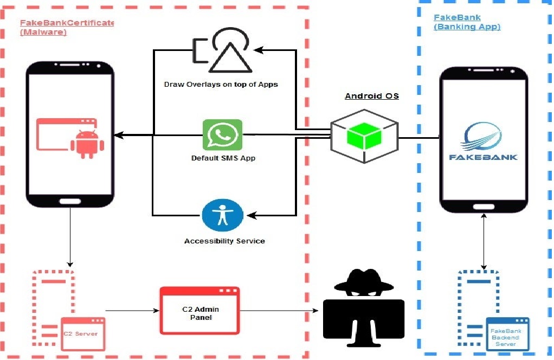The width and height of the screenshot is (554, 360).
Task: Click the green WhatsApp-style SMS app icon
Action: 222,134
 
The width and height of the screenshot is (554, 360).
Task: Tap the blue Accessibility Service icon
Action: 222,215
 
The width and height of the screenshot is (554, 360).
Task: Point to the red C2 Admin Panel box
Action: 199,310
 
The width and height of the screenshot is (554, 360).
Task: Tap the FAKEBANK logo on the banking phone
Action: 483,142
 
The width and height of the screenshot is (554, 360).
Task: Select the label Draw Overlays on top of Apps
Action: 221,85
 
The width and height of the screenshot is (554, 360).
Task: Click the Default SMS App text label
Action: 223,158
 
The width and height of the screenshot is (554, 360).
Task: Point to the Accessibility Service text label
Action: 224,241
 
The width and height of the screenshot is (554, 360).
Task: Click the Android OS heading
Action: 372,96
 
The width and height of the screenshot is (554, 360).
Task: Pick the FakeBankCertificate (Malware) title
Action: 67,27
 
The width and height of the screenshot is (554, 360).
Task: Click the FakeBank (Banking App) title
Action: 466,22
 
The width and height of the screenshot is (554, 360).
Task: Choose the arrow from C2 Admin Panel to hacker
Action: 279,311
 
